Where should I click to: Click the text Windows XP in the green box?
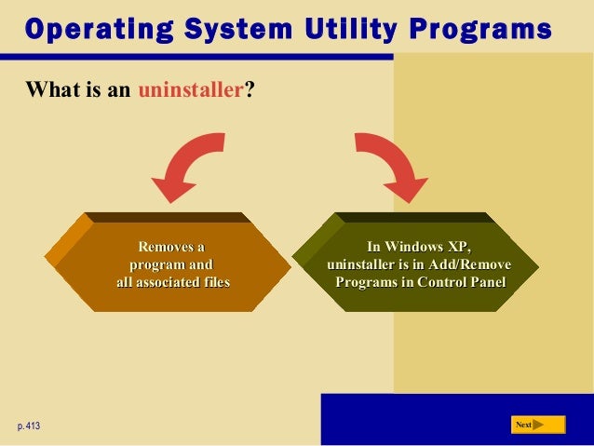[419, 247]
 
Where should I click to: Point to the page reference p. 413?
[29, 426]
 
